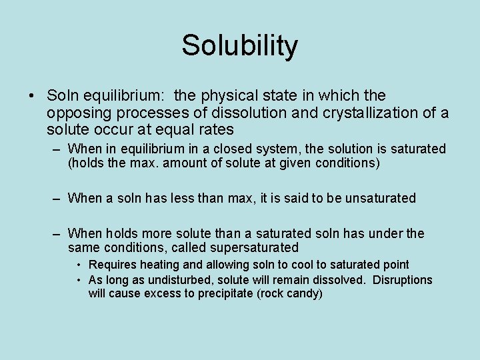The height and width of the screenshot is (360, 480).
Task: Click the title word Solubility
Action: click(x=239, y=46)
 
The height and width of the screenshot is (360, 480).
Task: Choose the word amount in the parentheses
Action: click(x=173, y=163)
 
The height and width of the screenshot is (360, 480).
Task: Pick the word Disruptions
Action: click(x=402, y=280)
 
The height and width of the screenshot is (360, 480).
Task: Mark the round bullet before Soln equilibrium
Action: click(x=32, y=96)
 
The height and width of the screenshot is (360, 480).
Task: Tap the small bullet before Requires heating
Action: click(x=79, y=265)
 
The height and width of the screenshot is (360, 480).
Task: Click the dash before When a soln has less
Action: click(x=59, y=198)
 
